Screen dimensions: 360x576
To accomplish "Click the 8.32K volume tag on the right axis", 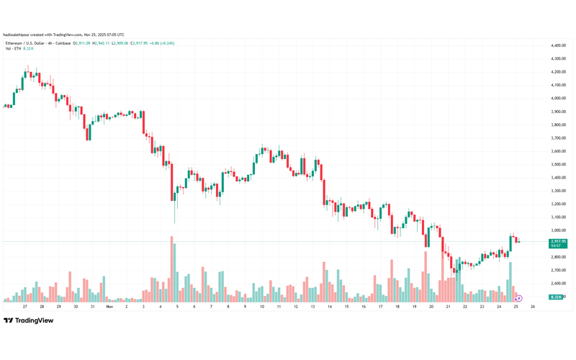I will [x=556, y=297].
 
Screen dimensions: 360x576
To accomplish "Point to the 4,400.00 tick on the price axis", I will [x=557, y=45].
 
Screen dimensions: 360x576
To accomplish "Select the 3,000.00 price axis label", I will [x=557, y=230].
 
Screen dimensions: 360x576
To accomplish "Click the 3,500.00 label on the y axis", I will [x=557, y=164].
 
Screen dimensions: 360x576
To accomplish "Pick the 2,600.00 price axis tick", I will [x=557, y=283].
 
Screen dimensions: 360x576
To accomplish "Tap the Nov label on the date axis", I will [x=109, y=307].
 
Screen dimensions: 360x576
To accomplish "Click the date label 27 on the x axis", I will [x=24, y=307].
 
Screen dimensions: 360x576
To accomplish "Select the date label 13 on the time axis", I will [x=312, y=307].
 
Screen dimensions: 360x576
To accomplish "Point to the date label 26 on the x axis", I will [x=532, y=307].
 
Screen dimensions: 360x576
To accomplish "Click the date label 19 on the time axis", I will [x=414, y=307].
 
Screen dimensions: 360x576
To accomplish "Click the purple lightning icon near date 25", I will [x=518, y=298].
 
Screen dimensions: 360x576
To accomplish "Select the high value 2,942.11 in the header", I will [x=98, y=43].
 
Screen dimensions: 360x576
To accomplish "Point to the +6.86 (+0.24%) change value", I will [x=161, y=43].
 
